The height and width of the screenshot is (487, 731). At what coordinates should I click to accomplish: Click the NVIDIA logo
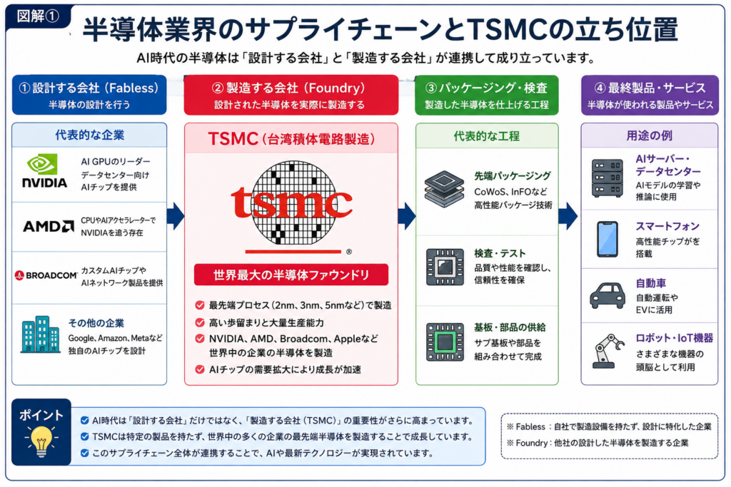pos(45,171)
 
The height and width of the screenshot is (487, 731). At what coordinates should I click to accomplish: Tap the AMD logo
pos(49,226)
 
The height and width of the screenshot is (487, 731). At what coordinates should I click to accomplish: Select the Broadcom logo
pos(46,275)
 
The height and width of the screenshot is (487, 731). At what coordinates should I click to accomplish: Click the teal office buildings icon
pos(40,334)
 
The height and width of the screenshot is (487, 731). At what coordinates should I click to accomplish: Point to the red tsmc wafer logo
pos(292,203)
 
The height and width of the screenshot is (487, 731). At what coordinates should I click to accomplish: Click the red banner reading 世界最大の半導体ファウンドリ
pos(291,275)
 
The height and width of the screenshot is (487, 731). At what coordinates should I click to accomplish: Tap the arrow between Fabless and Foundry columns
pos(176,216)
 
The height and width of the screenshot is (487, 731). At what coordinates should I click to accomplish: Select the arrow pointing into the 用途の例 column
pos(568,216)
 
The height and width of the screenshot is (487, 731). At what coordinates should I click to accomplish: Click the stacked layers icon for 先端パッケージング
pos(444,188)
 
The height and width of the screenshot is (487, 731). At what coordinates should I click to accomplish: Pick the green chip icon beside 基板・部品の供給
pos(445,342)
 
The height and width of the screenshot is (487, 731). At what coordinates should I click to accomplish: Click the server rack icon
pos(607,178)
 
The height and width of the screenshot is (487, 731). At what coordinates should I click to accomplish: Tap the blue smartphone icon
pos(608,240)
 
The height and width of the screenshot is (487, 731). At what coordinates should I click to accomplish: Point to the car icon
pos(608,295)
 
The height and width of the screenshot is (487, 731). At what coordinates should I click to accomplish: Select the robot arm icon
pos(608,351)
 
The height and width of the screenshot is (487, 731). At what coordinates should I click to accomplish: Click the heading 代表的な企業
pos(89,135)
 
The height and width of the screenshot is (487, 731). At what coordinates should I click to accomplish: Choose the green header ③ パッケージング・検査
pos(486,95)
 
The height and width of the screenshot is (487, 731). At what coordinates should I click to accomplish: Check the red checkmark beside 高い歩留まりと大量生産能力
pos(200,323)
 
